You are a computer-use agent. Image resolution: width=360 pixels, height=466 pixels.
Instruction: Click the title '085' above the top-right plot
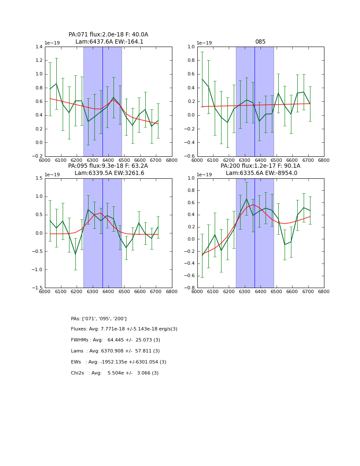260,42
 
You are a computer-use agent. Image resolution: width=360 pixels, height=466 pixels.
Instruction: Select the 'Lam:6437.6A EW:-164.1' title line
109,42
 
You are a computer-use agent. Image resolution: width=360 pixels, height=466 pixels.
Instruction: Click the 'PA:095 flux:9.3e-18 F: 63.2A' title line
108,166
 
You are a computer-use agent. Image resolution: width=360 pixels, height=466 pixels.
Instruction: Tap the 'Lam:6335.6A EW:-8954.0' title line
261,173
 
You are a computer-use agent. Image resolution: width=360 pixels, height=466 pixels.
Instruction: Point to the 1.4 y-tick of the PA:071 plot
38,47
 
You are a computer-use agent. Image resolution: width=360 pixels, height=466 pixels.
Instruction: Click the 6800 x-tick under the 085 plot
324,161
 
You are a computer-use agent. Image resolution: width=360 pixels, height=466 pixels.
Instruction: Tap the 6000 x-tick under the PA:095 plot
45,292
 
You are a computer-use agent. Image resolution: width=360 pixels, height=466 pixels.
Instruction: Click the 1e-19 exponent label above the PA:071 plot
53,43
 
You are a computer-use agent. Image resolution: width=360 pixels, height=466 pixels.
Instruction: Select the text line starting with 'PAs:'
99,319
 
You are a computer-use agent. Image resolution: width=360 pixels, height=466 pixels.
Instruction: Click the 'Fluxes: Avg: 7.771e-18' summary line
124,329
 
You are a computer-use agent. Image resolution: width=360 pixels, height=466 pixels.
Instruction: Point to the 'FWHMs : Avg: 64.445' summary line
115,340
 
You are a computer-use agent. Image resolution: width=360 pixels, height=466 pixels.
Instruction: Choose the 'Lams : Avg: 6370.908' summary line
115,351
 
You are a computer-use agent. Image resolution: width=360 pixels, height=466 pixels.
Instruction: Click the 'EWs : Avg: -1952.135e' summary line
119,362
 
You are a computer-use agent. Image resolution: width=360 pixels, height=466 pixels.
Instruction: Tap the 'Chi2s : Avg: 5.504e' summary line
115,373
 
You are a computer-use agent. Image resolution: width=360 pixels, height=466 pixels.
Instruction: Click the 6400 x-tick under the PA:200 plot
260,292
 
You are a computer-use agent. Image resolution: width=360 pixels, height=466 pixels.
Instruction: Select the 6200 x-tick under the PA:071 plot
77,161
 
